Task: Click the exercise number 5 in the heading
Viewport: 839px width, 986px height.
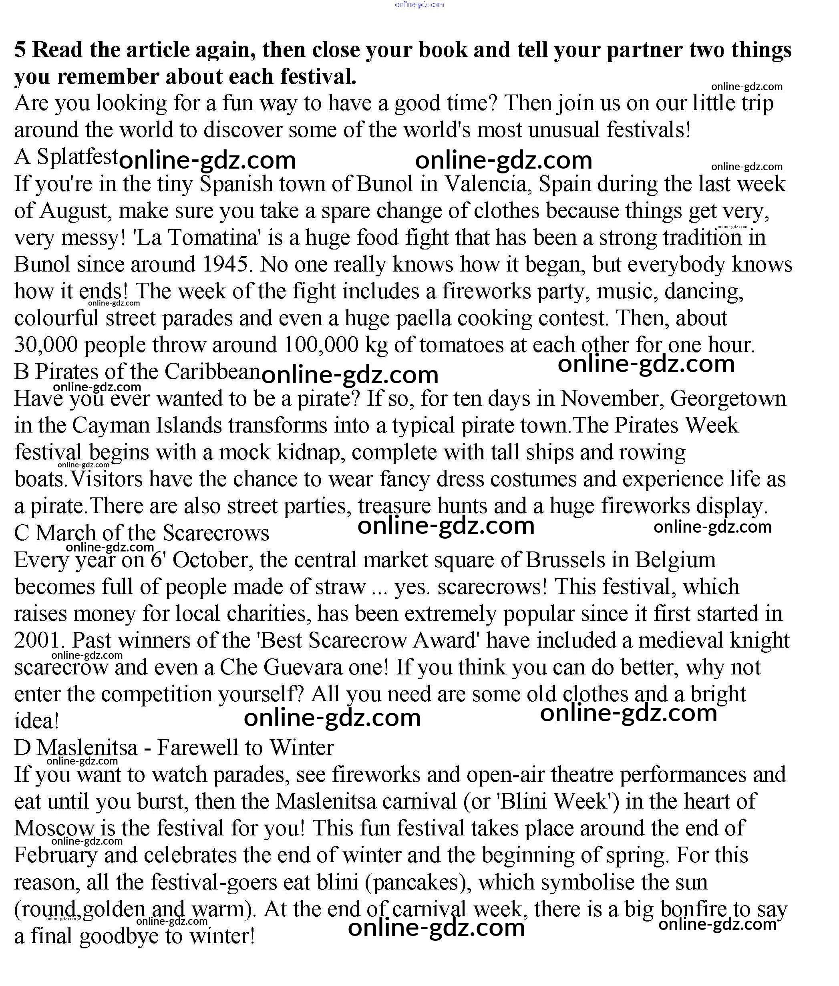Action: click(x=20, y=50)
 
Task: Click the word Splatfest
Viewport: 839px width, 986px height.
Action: click(x=78, y=157)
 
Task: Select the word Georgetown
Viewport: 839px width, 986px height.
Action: click(x=728, y=398)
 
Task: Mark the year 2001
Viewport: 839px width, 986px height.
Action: click(x=38, y=640)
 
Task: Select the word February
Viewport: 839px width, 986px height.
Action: click(x=56, y=855)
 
